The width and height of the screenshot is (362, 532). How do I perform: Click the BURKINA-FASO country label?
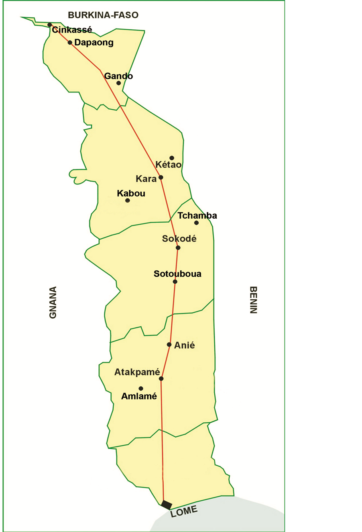point(103,15)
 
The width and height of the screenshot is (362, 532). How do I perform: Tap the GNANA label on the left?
point(53,302)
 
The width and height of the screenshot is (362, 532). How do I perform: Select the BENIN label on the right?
point(253,300)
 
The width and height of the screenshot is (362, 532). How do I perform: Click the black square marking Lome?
point(167,505)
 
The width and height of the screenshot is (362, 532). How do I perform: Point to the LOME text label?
point(184,511)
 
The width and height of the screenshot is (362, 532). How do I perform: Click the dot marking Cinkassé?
point(50,25)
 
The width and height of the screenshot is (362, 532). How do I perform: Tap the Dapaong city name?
point(94,43)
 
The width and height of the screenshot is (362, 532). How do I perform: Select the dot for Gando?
point(118,83)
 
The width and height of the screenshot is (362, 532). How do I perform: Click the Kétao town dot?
point(171,158)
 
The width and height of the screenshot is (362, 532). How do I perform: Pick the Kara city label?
point(146,179)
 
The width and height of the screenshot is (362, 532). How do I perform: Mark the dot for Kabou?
point(128,201)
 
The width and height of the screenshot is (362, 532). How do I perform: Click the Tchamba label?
point(197,215)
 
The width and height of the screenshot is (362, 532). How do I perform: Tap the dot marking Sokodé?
point(178,248)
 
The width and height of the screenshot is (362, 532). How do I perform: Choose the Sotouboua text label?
point(177,274)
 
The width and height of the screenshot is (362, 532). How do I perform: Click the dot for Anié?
point(169,345)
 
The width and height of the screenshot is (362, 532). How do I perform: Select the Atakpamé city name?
point(137,372)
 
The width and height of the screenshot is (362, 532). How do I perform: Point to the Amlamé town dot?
point(141,389)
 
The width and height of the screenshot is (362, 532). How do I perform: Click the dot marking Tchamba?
point(196,223)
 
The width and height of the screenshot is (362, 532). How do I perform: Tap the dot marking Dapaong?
point(70,43)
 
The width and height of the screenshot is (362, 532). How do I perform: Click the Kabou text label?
point(131,193)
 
